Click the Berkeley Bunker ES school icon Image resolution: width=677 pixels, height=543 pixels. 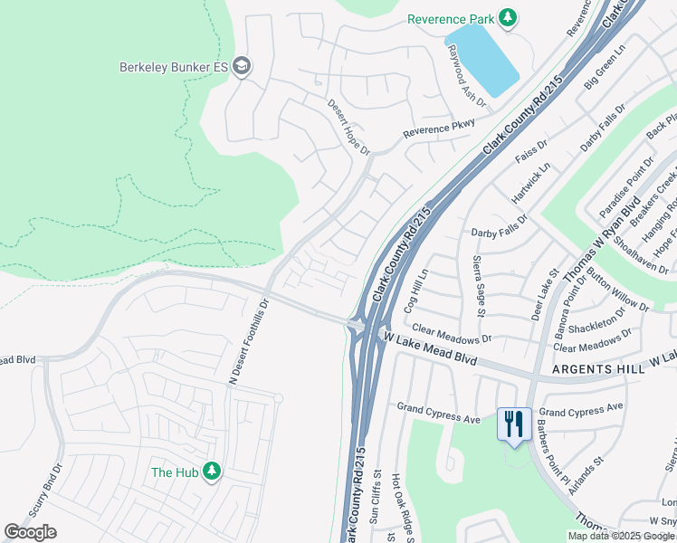(x=242, y=67)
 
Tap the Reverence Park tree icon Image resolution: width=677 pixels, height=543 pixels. (x=508, y=18)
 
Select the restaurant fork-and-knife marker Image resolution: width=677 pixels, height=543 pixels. (x=514, y=424)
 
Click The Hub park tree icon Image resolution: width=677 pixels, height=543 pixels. (x=212, y=471)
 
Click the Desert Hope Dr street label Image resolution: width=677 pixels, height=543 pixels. (x=348, y=127)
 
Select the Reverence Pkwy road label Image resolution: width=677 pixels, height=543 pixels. (x=439, y=129)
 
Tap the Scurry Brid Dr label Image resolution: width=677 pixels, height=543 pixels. (x=57, y=490)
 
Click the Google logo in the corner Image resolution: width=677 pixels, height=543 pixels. (x=30, y=533)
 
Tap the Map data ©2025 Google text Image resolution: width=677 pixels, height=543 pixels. (x=620, y=536)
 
